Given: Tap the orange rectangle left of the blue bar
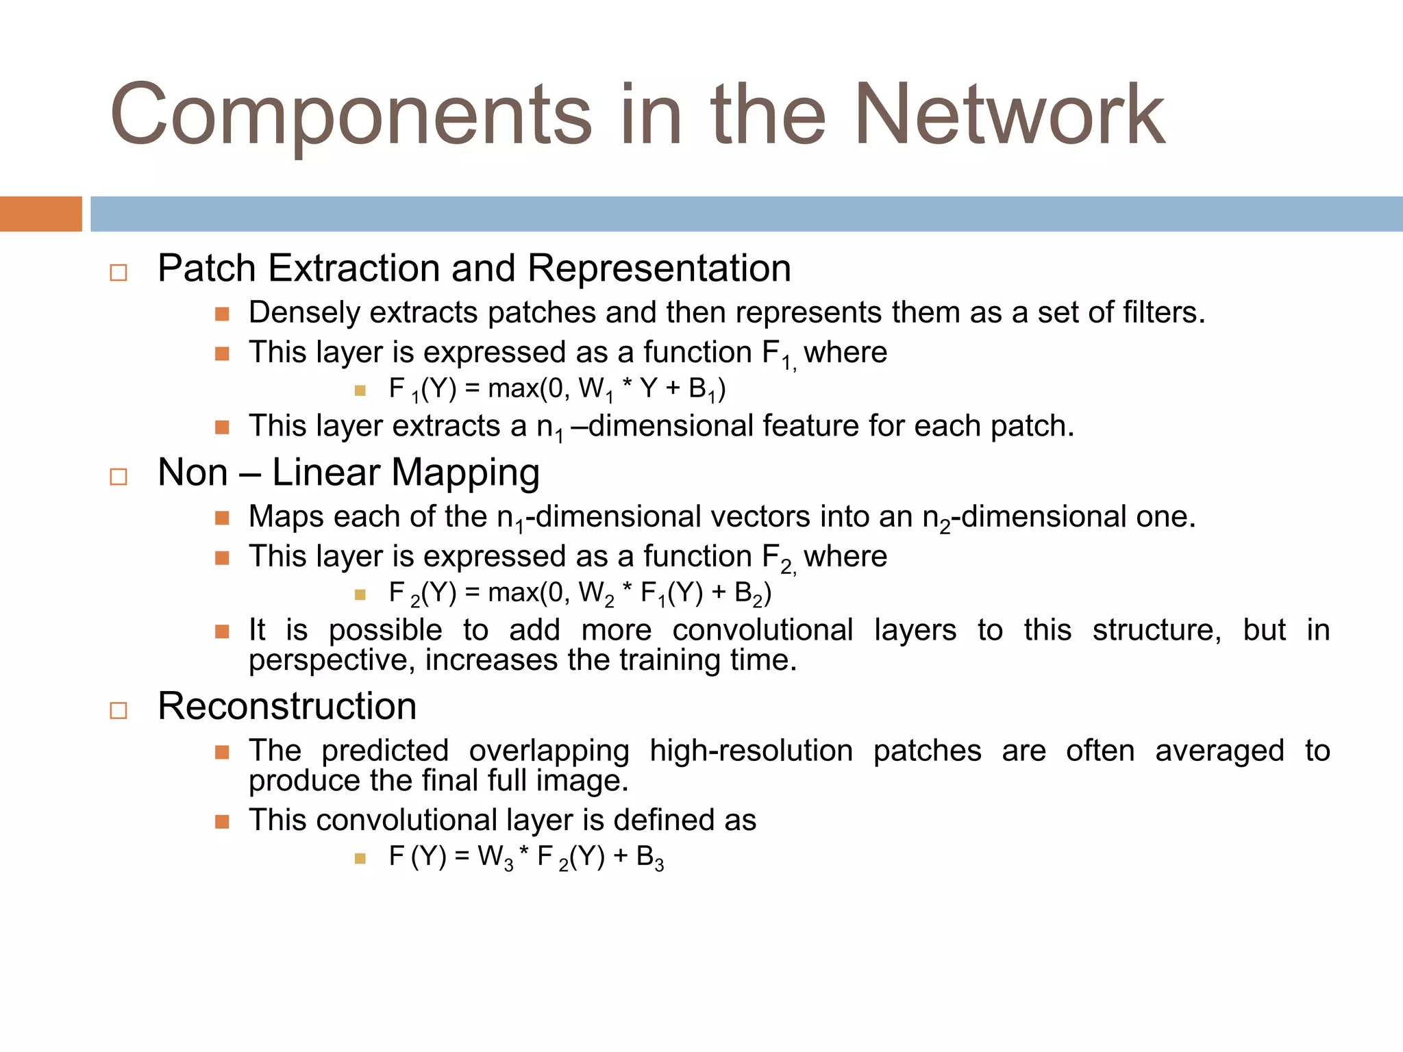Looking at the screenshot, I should [x=40, y=214].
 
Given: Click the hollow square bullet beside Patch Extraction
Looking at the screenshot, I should [x=119, y=273].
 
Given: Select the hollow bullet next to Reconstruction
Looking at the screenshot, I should [x=119, y=710].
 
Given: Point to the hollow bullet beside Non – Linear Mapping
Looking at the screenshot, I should [x=119, y=477].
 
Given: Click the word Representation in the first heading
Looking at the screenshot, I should [x=659, y=268].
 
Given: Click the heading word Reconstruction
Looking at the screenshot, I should [x=287, y=706].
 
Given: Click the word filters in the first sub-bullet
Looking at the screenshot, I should [x=1163, y=313].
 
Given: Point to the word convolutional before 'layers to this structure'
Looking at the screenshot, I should [x=762, y=630].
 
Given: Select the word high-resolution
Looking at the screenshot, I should [x=751, y=751].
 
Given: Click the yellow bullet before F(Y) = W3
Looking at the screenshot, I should [x=360, y=858].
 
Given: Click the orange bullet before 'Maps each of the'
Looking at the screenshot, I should [x=222, y=518].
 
